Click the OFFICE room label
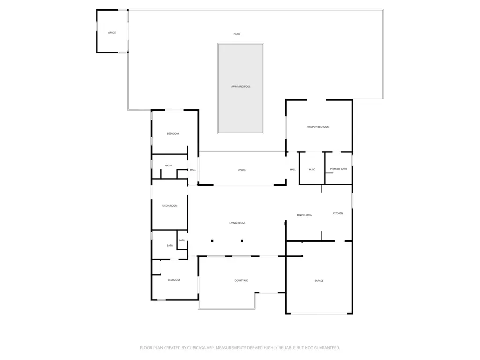click(112, 33)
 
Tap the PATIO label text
click(237, 34)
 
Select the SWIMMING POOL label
click(240, 87)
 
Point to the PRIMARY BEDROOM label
click(318, 127)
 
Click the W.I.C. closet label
click(312, 169)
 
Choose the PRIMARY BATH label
click(338, 169)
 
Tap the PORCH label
click(242, 170)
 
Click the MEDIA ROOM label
click(170, 206)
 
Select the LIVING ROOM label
click(237, 223)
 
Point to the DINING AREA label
click(304, 215)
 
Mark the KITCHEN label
click(338, 213)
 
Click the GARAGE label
click(319, 281)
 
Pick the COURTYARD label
click(241, 280)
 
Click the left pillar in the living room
click(212, 241)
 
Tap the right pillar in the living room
click(242, 241)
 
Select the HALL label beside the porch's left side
click(193, 170)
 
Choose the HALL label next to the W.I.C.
click(292, 169)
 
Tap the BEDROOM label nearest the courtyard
click(173, 280)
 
